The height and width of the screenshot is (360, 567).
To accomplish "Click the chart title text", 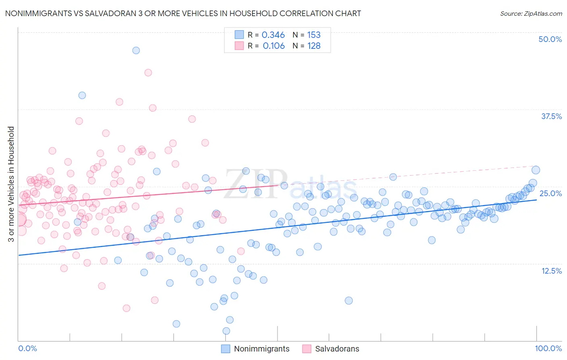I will tap(183, 13).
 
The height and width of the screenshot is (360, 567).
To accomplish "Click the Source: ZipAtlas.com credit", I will tap(531, 13).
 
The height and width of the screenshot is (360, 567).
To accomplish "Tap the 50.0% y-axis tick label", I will tap(550, 39).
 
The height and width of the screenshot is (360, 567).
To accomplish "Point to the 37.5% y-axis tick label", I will tap(551, 116).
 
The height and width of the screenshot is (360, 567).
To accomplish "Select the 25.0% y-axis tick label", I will tap(550, 193).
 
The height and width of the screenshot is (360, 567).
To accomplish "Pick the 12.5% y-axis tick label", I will tap(551, 271).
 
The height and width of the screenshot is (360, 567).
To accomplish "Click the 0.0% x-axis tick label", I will tap(27, 348).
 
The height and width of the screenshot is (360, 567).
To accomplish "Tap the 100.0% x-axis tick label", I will tap(548, 348).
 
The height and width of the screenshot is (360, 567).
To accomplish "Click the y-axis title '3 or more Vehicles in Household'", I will tap(11, 184).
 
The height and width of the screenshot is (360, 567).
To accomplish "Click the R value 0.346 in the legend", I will tap(273, 35).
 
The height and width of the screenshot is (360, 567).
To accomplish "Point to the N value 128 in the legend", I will tap(314, 46).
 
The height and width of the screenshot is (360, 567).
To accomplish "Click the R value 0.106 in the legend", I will tap(273, 46).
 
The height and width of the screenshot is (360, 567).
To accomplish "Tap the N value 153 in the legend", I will tap(314, 35).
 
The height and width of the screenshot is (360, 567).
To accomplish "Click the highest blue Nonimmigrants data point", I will tap(136, 50).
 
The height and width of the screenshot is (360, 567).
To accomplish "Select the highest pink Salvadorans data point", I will tap(148, 73).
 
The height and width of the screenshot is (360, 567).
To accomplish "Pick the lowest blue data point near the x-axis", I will tap(226, 331).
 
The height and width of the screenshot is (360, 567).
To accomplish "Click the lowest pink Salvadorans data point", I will tap(126, 308).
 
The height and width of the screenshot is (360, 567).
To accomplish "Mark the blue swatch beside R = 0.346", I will tap(239, 35).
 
